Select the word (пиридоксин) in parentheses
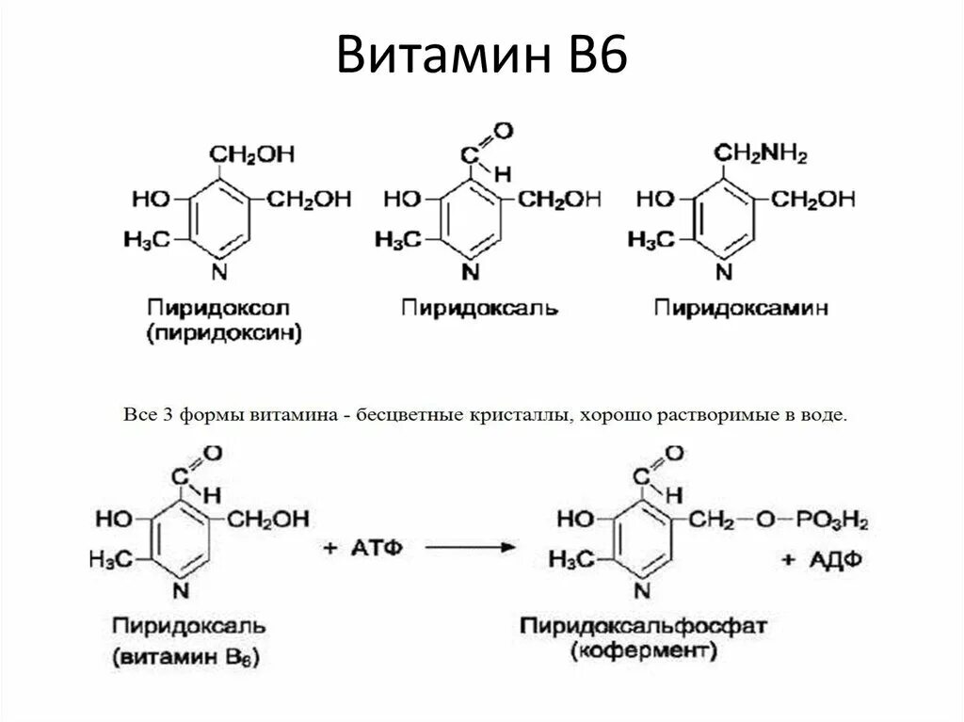223,333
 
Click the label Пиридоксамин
742,308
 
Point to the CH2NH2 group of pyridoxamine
760,154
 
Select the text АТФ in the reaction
377,547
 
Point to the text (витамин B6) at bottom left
187,656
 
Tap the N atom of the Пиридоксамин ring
723,273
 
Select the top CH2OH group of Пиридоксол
251,153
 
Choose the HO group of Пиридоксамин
655,200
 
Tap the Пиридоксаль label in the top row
479,308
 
